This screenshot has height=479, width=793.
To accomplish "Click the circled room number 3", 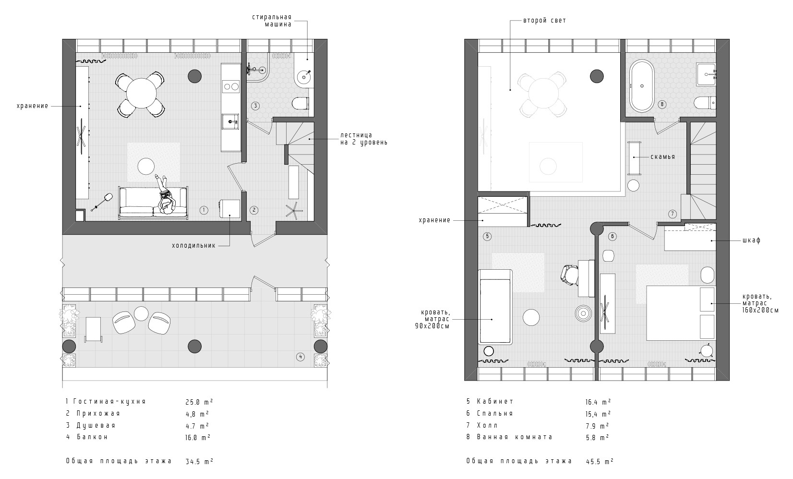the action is [x=255, y=106].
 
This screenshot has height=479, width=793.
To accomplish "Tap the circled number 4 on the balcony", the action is [x=300, y=357].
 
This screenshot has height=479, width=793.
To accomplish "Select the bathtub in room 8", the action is [x=642, y=86].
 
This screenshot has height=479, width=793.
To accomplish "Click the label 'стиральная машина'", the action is [x=272, y=21].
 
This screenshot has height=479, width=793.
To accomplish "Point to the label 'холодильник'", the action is [x=193, y=245].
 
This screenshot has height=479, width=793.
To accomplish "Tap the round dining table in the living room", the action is [x=141, y=93].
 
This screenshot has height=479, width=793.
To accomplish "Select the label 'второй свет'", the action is [x=545, y=21].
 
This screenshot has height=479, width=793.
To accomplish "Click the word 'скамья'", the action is [x=663, y=156].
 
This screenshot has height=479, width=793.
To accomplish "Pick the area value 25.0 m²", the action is [x=199, y=402].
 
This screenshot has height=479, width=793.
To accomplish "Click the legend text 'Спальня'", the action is [x=495, y=413].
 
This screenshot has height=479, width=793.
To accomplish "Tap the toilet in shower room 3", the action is [x=300, y=103].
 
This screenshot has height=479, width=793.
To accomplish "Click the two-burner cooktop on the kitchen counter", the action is [x=230, y=86].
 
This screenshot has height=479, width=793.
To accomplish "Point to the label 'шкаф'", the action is [x=752, y=240].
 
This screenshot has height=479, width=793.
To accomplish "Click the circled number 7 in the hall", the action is [x=673, y=214].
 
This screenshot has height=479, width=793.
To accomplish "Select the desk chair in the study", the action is [x=569, y=275].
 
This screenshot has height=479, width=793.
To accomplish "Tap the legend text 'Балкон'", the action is [x=92, y=437].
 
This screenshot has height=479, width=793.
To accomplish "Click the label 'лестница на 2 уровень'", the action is [x=364, y=139].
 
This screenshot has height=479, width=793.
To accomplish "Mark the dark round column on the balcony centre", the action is [x=195, y=346].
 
